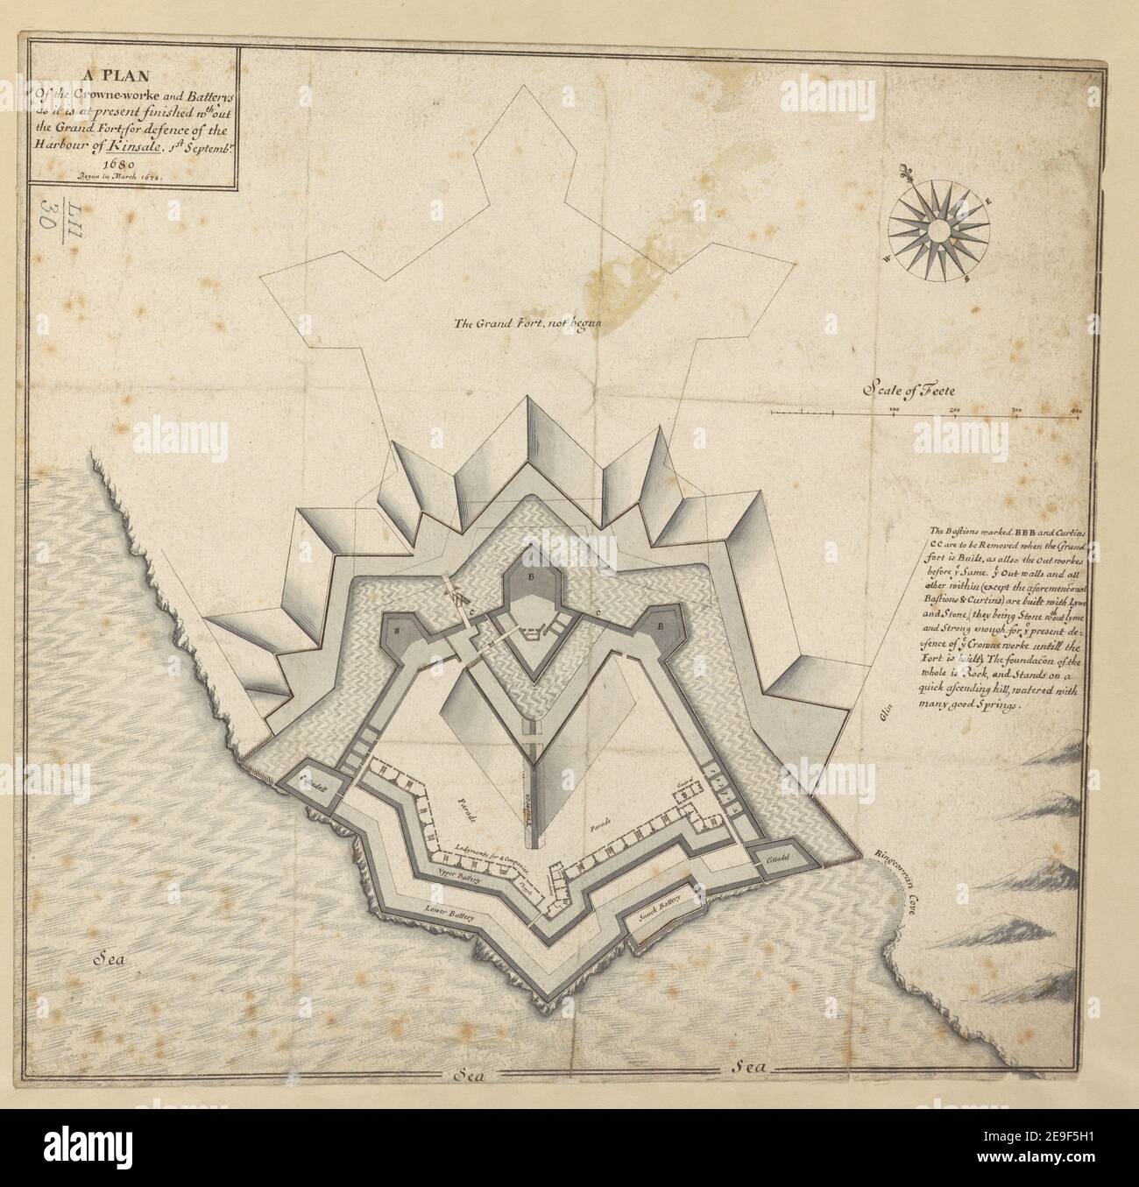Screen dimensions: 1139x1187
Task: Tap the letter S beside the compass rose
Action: point(966,280)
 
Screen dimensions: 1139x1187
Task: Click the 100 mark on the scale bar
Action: point(894,410)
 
